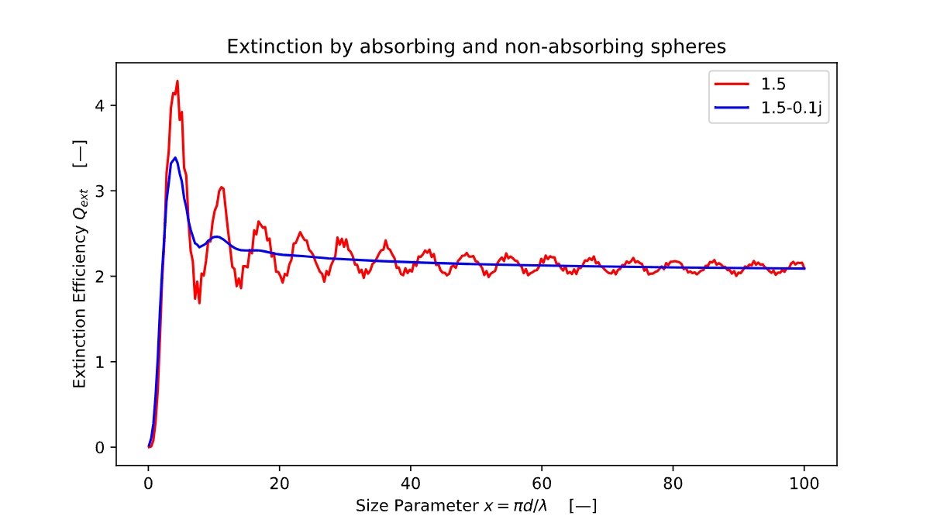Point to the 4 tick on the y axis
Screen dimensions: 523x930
(99, 105)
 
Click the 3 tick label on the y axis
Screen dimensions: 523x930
(99, 191)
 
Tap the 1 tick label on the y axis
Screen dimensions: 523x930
(99, 362)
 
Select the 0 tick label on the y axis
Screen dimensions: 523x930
(99, 447)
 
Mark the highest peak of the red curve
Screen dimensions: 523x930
(177, 81)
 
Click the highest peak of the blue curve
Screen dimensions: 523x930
(175, 157)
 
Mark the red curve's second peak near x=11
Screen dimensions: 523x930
(221, 187)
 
